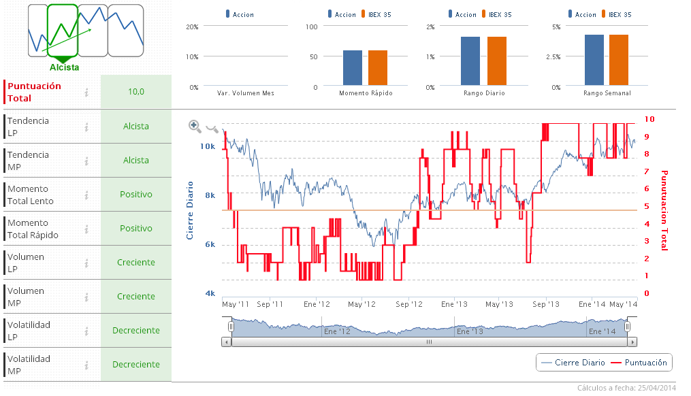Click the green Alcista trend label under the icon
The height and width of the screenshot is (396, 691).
pyautogui.click(x=64, y=67)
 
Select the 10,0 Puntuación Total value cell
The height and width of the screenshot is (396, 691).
pyautogui.click(x=136, y=92)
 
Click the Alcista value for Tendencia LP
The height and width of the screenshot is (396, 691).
pyautogui.click(x=136, y=126)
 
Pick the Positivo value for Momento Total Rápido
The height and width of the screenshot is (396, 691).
pyautogui.click(x=136, y=228)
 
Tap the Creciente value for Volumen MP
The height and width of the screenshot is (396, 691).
pyautogui.click(x=136, y=296)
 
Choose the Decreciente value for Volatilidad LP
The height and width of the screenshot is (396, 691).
pyautogui.click(x=136, y=330)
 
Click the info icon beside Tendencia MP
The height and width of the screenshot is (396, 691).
pyautogui.click(x=86, y=161)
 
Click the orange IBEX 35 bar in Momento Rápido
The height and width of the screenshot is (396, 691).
pyautogui.click(x=378, y=68)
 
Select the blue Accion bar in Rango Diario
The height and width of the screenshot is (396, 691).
pyautogui.click(x=470, y=61)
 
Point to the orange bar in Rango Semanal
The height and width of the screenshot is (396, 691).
pyautogui.click(x=619, y=61)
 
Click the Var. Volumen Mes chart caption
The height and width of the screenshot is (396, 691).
pyautogui.click(x=246, y=93)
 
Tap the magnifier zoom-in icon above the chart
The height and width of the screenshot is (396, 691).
pyautogui.click(x=195, y=126)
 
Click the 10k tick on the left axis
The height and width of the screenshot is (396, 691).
pyautogui.click(x=207, y=146)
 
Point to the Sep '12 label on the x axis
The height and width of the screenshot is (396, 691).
pyautogui.click(x=408, y=305)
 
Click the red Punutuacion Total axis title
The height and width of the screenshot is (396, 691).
pyautogui.click(x=664, y=210)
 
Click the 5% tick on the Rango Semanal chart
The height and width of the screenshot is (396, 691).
pyautogui.click(x=556, y=27)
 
